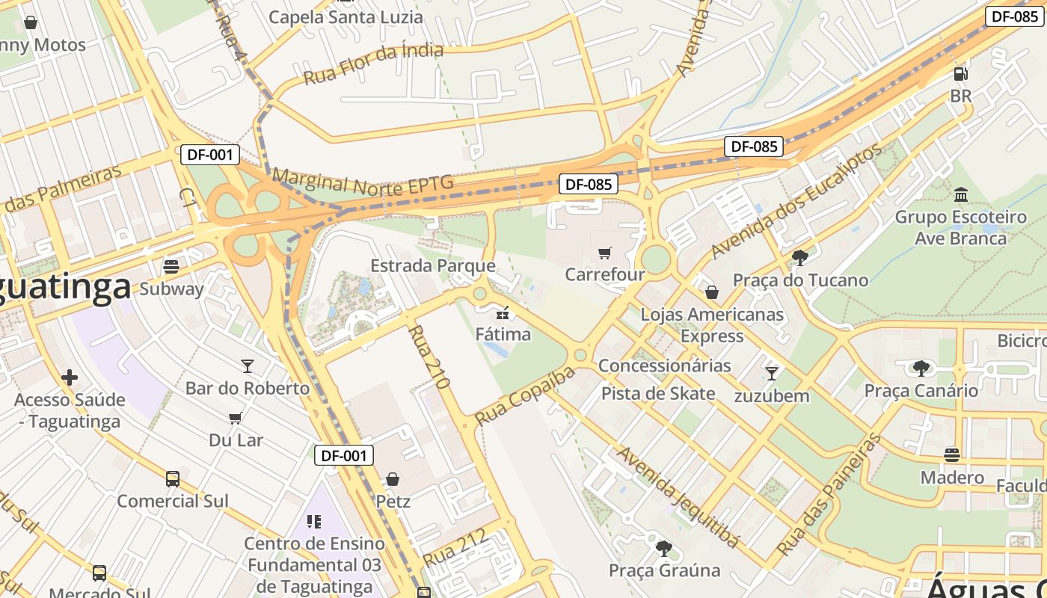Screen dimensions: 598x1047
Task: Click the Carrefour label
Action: click(604, 274)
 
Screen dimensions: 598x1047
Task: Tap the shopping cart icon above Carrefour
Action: click(605, 253)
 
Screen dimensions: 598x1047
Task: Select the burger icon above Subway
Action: click(171, 267)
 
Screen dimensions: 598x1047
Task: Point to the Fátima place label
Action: click(503, 333)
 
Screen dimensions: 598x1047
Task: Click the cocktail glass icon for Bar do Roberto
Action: click(248, 366)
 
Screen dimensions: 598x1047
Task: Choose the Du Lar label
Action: click(236, 440)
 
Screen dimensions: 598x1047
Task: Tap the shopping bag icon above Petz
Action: click(393, 479)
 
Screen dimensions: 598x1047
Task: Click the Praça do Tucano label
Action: click(800, 280)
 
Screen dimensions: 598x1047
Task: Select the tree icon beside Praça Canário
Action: click(921, 368)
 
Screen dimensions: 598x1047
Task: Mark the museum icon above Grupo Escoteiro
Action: click(961, 196)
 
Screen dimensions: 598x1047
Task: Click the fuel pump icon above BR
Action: click(960, 74)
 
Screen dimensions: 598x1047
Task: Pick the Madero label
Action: click(951, 477)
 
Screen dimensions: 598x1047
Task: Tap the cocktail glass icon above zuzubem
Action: click(772, 373)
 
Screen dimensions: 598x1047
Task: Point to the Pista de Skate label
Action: click(658, 393)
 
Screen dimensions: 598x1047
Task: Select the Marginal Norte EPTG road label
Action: click(363, 180)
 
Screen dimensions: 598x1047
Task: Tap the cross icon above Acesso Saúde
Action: click(69, 377)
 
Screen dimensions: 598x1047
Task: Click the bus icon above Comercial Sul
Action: click(172, 478)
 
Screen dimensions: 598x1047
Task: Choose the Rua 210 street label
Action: click(429, 357)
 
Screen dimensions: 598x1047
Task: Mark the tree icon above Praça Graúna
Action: click(663, 549)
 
